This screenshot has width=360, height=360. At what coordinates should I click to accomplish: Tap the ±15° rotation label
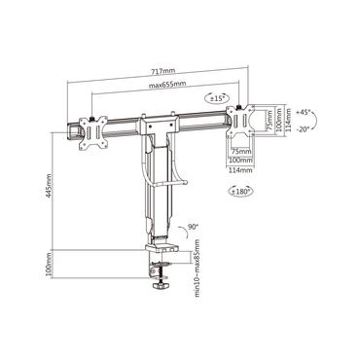[x=216, y=98]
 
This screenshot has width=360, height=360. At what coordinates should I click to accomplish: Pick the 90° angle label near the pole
[x=193, y=227]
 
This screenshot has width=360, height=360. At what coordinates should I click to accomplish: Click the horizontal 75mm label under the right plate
[x=238, y=151]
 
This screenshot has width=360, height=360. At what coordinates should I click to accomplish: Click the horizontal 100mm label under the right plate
[x=238, y=162]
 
